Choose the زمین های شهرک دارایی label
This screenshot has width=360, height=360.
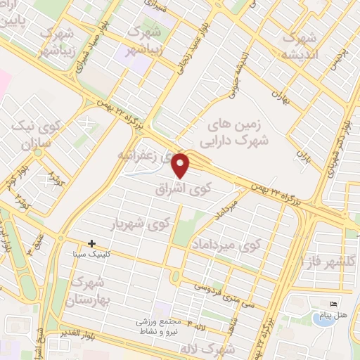(240, 132)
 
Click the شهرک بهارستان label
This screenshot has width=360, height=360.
(89, 291)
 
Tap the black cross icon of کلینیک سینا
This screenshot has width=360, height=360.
(91, 243)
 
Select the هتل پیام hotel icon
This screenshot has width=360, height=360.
(333, 304)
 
